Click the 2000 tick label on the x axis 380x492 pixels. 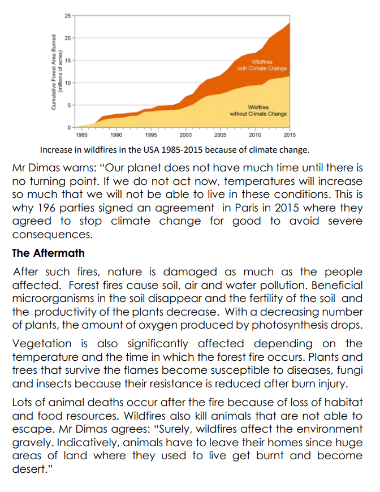click(185, 135)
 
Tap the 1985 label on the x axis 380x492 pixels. click(81, 135)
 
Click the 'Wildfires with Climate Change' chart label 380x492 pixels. click(262, 65)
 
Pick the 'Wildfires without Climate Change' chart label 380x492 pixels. click(258, 110)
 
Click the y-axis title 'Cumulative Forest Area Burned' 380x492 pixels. click(54, 72)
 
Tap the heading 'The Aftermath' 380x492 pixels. click(48, 253)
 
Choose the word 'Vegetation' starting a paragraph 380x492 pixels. click(42, 344)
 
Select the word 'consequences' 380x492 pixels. click(52, 235)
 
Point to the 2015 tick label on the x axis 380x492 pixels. click(290, 135)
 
